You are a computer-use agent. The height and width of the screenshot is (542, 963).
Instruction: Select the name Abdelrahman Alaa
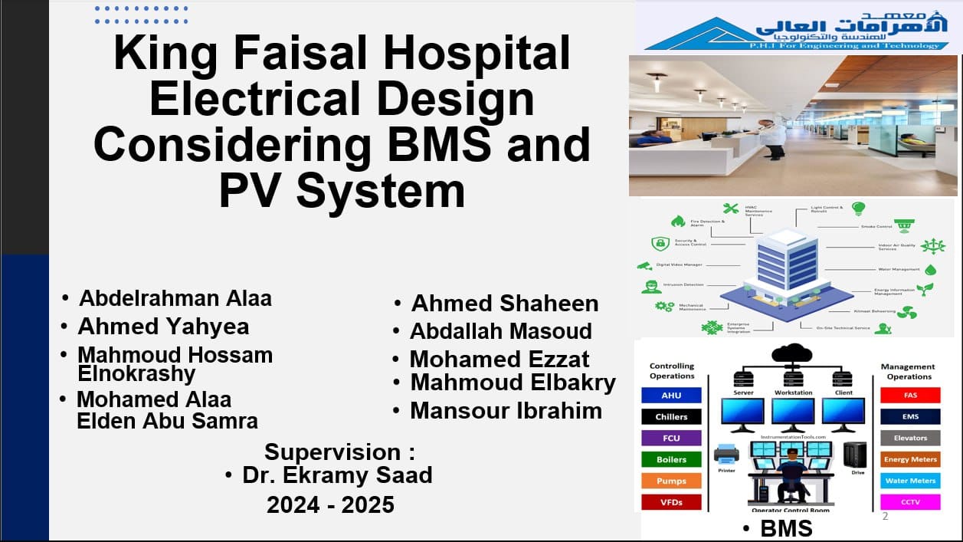tap(175, 297)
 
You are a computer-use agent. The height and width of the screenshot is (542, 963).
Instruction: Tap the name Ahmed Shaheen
tap(505, 304)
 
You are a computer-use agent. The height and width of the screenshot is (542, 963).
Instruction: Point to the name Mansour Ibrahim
tap(506, 411)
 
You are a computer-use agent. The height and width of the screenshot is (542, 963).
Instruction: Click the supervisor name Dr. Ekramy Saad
tap(337, 475)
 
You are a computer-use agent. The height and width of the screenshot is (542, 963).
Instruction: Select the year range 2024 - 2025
tap(330, 504)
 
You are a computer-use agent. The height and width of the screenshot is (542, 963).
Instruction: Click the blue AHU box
tap(670, 396)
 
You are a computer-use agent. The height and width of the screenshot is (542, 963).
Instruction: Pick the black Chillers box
tap(670, 417)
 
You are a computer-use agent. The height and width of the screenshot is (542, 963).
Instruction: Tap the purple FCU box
tap(670, 439)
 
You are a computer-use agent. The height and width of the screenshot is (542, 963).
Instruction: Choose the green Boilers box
tap(670, 460)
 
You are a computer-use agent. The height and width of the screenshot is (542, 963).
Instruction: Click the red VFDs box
tap(670, 502)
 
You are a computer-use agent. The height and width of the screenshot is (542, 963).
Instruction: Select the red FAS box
tap(910, 396)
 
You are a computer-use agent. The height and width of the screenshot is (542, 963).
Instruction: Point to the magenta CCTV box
tap(910, 502)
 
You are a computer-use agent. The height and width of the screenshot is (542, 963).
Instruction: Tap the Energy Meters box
tap(910, 460)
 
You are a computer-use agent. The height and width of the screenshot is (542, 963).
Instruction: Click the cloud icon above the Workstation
tap(792, 353)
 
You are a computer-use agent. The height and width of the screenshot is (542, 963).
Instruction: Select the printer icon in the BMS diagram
tap(726, 453)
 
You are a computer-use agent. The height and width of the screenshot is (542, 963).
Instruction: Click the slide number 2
tap(886, 516)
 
